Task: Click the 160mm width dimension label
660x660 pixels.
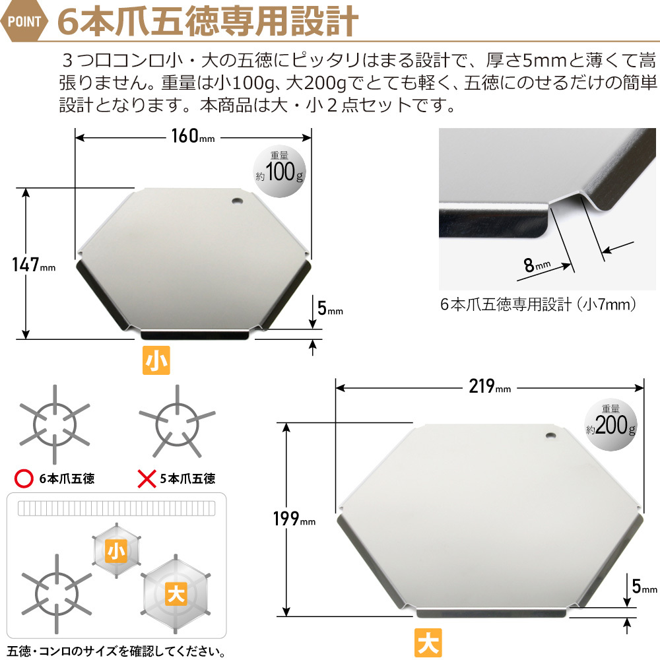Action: [193, 137]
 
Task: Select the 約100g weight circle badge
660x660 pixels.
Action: [281, 173]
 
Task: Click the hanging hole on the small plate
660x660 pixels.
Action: [238, 200]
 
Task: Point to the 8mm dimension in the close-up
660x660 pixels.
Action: [536, 266]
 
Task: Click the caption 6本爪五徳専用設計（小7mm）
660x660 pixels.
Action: [538, 305]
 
